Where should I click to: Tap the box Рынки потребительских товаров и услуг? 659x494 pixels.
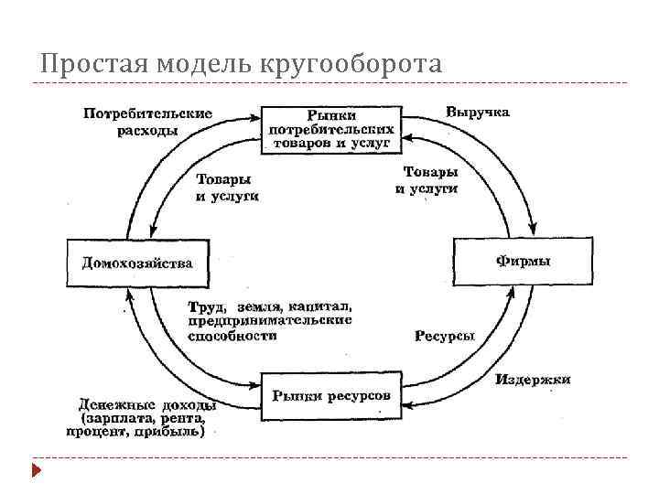[332, 129]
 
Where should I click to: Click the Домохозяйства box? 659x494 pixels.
[137, 263]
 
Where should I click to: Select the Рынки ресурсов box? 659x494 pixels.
[331, 395]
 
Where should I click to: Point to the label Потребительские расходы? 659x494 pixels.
[147, 122]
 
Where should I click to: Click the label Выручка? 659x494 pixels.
[478, 112]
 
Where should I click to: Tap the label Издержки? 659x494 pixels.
[534, 379]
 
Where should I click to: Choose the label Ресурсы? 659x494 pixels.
[445, 336]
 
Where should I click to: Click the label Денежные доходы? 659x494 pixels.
[147, 404]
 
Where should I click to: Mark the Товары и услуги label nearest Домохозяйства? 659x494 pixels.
[226, 188]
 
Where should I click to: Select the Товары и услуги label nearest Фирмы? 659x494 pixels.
[427, 180]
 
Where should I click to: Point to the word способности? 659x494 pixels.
[232, 336]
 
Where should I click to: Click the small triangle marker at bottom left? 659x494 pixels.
[37, 472]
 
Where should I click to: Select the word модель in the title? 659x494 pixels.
[194, 66]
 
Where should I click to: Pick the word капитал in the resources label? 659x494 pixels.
[325, 306]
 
